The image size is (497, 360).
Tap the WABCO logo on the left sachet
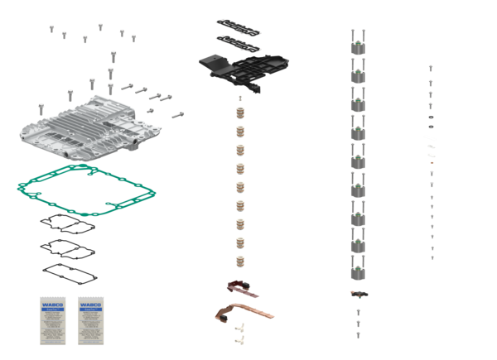pyautogui.click(x=51, y=303)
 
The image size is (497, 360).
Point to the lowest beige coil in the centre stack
pyautogui.click(x=241, y=261)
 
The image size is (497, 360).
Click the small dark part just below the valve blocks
pyautogui.click(x=359, y=294)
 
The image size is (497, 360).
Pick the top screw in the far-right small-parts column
pyautogui.click(x=431, y=68)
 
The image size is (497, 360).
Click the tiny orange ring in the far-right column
pyautogui.click(x=431, y=162)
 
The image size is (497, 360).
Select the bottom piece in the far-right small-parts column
pyautogui.click(x=432, y=258)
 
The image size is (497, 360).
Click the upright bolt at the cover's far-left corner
pyautogui.click(x=40, y=108)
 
